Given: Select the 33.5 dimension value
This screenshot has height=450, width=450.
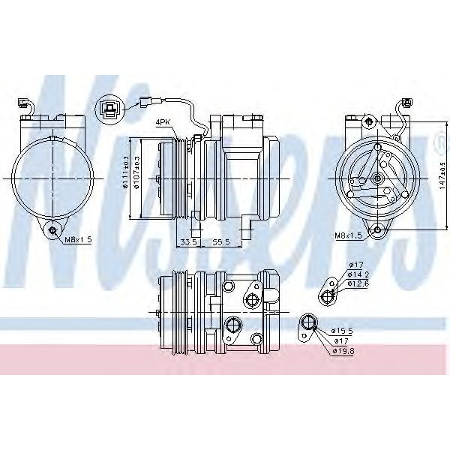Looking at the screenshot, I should [187, 242].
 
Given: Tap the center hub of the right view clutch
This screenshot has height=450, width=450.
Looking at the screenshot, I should [373, 178].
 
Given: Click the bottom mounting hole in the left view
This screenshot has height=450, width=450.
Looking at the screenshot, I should [53, 229].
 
